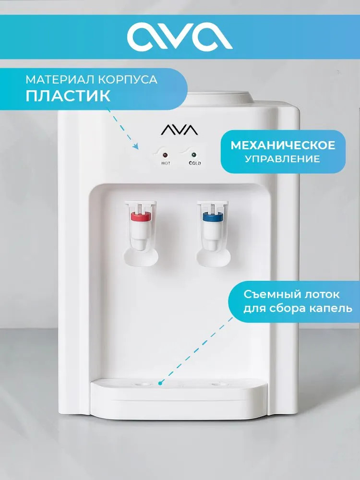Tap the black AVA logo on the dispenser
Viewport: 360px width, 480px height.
[180, 130]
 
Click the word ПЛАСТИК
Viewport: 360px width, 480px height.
[68, 96]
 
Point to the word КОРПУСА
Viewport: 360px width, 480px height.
[128, 80]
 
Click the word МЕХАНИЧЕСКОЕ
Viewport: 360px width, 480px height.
[283, 145]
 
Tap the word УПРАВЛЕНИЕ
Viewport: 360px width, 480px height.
[282, 159]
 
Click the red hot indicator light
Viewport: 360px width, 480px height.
[166, 155]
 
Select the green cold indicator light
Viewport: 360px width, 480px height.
[194, 155]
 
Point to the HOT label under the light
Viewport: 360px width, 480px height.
[166, 164]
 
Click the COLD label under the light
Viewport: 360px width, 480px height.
[195, 163]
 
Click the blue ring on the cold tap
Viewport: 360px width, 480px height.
[213, 217]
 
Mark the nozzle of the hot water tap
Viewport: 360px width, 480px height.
[140, 245]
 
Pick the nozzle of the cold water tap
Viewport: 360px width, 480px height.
[214, 245]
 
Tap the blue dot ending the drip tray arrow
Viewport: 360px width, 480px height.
[159, 383]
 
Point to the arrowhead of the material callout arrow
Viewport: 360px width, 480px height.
[136, 146]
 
